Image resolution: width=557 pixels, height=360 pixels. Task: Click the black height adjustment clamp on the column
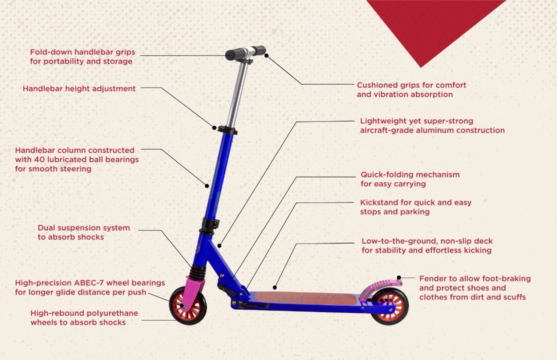click(x=227, y=130)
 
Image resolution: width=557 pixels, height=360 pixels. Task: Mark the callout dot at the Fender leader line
click(x=399, y=277)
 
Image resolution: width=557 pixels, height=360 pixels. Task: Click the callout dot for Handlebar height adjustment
click(x=214, y=128)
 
